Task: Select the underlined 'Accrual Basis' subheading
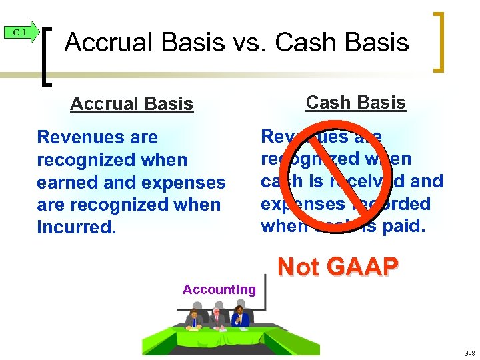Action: [x=131, y=104]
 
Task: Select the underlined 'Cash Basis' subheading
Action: [x=355, y=103]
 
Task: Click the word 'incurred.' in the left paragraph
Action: [x=76, y=227]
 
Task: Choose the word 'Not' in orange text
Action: [x=299, y=267]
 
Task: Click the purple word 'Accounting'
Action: [x=219, y=289]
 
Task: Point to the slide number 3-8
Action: [x=468, y=353]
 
